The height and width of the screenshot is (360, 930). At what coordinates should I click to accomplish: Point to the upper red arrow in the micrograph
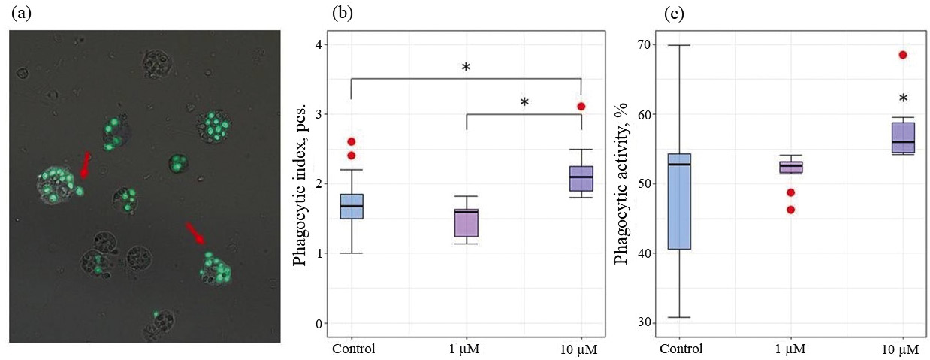pos(85,165)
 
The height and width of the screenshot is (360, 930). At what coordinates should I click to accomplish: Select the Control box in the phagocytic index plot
pos(352,206)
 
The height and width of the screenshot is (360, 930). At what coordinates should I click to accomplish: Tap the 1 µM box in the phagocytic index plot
pos(467,222)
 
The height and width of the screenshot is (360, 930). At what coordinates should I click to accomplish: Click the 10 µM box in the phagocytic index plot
pos(581,179)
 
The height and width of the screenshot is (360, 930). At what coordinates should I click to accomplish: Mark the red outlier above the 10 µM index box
pos(581,107)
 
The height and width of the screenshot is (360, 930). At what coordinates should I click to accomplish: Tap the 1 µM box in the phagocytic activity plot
pos(790,167)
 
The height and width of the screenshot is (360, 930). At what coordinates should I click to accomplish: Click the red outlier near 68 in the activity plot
pos(903,55)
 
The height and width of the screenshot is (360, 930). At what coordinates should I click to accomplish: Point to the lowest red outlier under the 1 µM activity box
pos(790,210)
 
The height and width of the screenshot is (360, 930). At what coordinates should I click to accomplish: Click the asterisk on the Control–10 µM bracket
pos(466,68)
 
